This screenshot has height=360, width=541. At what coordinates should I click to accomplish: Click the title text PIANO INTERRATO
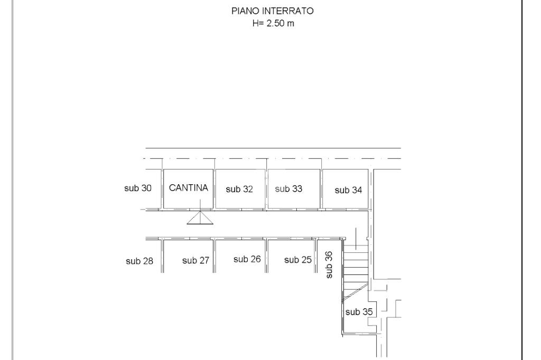[273, 11]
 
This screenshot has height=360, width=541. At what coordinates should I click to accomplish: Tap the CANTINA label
[189, 188]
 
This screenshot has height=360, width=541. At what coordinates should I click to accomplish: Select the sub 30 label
[138, 188]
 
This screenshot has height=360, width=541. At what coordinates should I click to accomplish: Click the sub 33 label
[289, 189]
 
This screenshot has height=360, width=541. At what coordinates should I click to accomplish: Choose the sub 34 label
[349, 191]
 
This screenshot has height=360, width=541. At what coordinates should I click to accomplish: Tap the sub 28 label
[139, 261]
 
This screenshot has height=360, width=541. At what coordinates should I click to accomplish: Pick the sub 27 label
[196, 260]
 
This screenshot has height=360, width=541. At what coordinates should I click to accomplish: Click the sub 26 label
[247, 259]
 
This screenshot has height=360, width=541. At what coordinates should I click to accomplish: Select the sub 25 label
[298, 260]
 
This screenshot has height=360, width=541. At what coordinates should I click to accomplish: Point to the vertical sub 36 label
[329, 264]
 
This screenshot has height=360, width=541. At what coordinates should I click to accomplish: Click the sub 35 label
[359, 312]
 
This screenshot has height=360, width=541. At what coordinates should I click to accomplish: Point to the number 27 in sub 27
[204, 260]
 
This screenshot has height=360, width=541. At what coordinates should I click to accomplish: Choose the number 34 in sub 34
[357, 191]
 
